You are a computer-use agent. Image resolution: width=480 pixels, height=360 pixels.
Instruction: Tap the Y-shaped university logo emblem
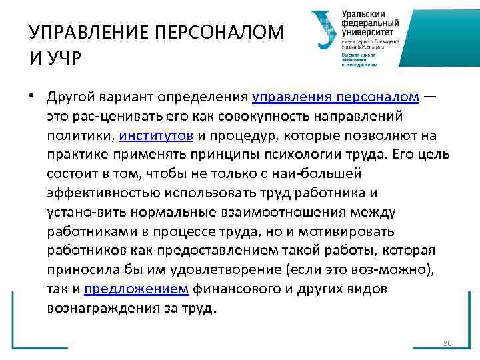pyautogui.click(x=324, y=30)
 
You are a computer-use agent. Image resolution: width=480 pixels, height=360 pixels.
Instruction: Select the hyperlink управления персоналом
pyautogui.click(x=335, y=97)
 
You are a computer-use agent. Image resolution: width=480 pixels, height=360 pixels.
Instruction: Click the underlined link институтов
pyautogui.click(x=157, y=136)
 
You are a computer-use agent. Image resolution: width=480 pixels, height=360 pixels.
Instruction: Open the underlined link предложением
pyautogui.click(x=137, y=290)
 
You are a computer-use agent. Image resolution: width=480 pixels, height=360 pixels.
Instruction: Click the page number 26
pyautogui.click(x=447, y=343)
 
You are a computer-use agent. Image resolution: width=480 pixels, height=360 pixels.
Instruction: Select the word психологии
pyautogui.click(x=305, y=155)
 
